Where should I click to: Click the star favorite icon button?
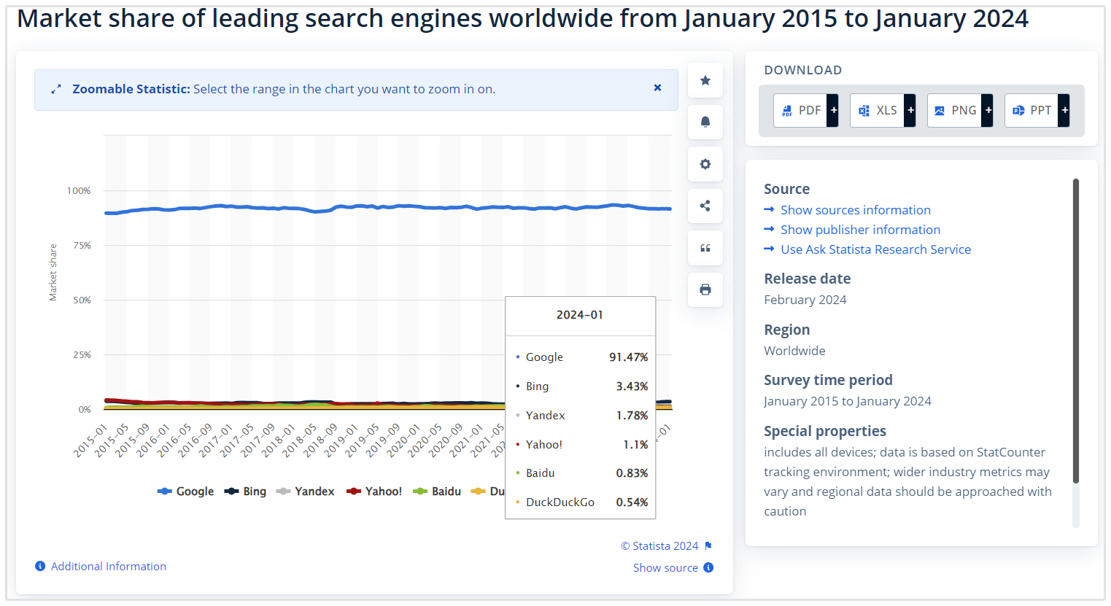pos(705,80)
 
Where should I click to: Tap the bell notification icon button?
pos(705,122)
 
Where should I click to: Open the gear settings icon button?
pos(705,164)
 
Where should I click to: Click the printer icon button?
pos(705,290)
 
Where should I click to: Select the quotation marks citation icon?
pos(705,248)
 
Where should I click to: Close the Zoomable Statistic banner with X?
pos(657,88)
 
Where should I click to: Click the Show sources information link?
pos(855,210)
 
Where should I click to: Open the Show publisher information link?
pos(860,230)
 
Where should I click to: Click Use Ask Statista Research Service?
pos(875,249)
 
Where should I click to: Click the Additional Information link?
pos(108,567)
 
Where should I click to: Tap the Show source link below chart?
pos(665,568)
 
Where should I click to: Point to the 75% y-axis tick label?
pos(82,246)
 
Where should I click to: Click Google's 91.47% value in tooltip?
pos(628,357)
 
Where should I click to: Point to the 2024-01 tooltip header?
pos(580,315)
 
